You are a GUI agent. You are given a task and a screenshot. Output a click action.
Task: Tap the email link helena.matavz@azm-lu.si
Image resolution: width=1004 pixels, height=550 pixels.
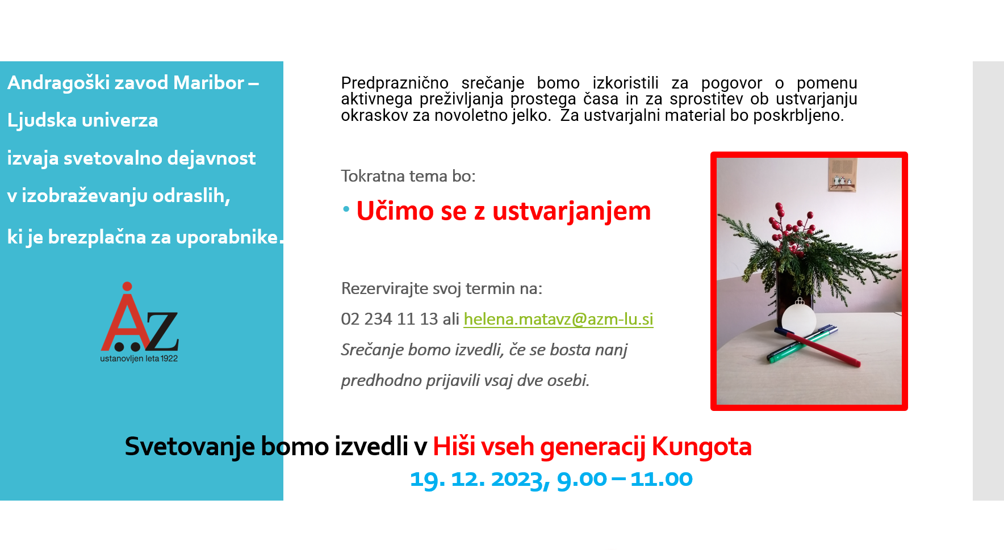click(x=558, y=319)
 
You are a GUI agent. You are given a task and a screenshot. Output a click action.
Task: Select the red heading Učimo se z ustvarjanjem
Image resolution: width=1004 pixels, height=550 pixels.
click(x=503, y=211)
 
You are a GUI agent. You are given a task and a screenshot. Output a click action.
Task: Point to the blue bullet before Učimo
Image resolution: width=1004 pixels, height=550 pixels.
click(x=346, y=209)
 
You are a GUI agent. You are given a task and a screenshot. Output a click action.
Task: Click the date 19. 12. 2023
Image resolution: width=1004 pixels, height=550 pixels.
click(x=479, y=479)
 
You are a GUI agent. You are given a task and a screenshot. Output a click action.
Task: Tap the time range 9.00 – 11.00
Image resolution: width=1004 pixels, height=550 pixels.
click(x=624, y=479)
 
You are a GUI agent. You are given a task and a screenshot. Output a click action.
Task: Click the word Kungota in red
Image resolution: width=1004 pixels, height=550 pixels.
click(x=701, y=447)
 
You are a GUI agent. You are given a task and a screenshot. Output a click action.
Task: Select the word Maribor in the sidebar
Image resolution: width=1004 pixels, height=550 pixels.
click(x=208, y=83)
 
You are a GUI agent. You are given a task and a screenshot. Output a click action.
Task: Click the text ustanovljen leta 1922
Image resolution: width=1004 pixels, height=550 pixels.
click(x=139, y=359)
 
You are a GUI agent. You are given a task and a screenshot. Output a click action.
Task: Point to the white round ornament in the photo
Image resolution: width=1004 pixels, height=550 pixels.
click(x=798, y=319)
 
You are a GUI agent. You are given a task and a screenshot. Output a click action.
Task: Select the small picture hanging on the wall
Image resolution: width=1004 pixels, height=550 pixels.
click(x=842, y=175)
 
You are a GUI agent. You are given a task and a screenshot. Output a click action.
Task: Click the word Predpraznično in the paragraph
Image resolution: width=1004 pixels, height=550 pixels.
click(x=395, y=83)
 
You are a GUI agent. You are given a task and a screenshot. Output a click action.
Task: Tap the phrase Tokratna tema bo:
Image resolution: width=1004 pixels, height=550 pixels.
click(x=408, y=176)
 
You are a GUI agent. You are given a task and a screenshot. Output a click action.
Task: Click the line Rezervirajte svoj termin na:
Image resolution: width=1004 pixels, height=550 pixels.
click(x=441, y=288)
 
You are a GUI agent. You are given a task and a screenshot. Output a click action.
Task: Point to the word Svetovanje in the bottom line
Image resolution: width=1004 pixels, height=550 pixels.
click(x=189, y=447)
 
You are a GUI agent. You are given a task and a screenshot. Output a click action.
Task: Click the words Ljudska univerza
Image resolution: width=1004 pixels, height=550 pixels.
click(x=83, y=120)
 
